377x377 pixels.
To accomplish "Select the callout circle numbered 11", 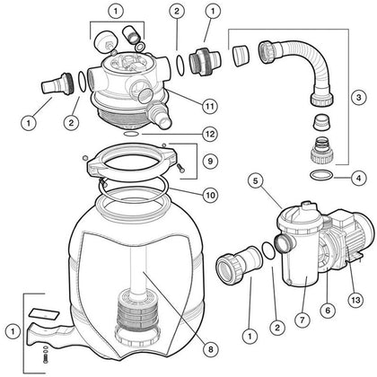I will (208, 106).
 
